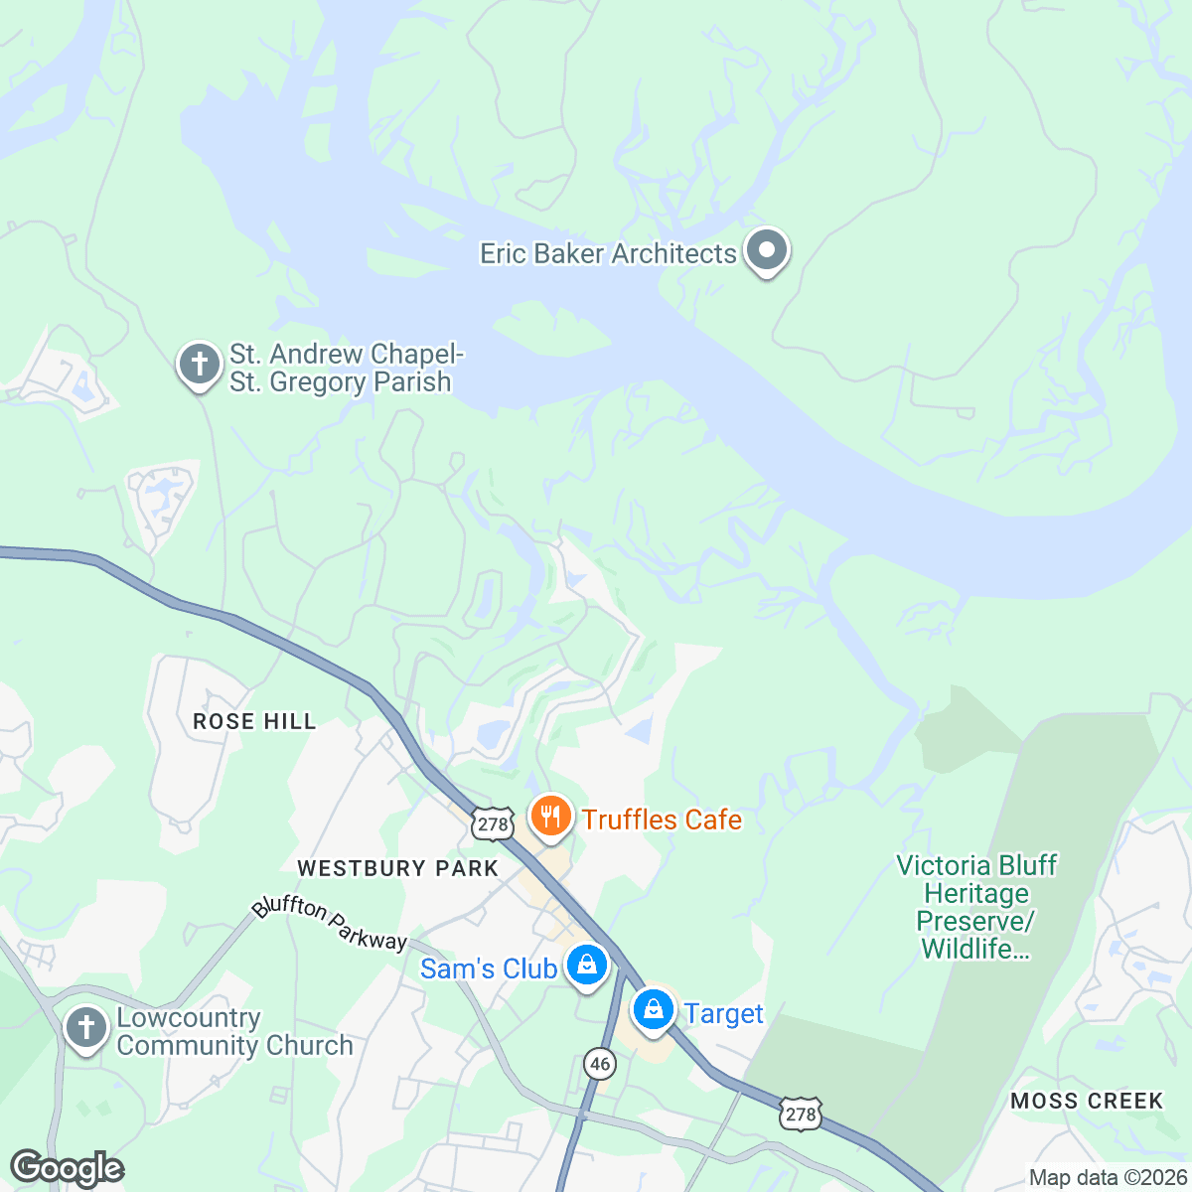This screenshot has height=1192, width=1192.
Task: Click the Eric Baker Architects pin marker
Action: point(766,250)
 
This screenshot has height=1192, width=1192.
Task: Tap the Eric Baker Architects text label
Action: point(608,254)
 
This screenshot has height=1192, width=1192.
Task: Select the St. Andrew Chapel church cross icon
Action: point(199,364)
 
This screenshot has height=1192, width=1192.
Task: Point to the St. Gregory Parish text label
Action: point(341,382)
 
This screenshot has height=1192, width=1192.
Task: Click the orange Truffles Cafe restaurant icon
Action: point(549,817)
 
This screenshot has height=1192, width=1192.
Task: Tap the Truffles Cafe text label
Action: point(662,819)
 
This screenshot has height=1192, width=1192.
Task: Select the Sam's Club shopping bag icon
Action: point(587,965)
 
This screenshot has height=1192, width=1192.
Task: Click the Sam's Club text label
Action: point(488,968)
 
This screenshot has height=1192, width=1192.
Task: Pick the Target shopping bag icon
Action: point(654,1010)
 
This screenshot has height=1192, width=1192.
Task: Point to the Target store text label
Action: point(724,1014)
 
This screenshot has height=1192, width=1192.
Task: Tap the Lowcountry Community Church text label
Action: point(234,1032)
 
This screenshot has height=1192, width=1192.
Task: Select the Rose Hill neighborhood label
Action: point(254,721)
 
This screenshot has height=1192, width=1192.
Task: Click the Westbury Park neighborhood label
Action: point(397,868)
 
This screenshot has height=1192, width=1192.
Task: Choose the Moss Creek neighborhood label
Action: point(1087,1101)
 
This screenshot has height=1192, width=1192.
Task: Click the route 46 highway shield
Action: point(599,1064)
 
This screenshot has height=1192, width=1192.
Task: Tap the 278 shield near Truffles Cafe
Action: point(493,823)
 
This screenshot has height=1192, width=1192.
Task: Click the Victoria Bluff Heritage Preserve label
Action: point(976,907)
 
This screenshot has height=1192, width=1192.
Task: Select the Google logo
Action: point(68,1169)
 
